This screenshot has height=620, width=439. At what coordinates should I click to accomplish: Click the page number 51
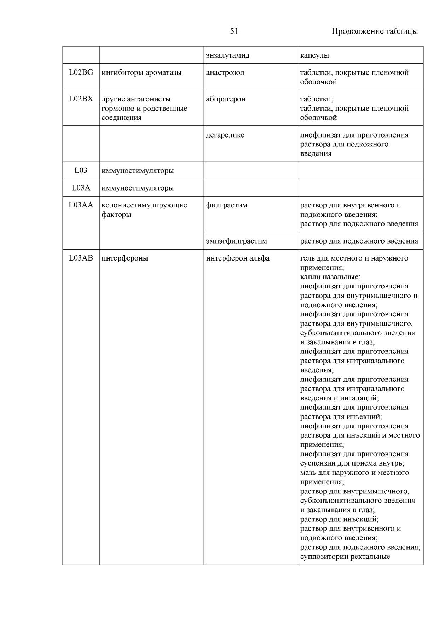(234, 31)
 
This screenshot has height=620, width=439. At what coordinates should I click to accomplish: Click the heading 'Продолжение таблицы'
(375, 31)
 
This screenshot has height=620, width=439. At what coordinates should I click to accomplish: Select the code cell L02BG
(81, 72)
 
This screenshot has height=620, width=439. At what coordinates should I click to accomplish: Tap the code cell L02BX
(81, 99)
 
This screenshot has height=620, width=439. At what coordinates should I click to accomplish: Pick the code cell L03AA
(81, 205)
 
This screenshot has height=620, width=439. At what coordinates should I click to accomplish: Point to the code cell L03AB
(81, 258)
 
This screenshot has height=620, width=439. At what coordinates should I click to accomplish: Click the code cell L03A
(81, 188)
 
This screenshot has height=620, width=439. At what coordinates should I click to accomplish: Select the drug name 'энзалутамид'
(227, 55)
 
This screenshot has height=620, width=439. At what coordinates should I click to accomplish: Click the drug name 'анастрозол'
(225, 72)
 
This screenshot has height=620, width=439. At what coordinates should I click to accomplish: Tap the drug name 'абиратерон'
(226, 99)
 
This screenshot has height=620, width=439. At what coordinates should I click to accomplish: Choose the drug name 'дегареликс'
(225, 135)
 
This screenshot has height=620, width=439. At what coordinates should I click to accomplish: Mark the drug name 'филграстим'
(227, 205)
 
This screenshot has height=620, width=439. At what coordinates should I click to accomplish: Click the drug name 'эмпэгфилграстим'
(236, 241)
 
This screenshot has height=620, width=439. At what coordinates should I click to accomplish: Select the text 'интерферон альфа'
(238, 258)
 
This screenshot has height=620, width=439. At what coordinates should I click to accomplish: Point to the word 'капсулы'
(314, 55)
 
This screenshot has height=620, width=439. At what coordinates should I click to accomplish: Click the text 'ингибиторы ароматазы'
(141, 72)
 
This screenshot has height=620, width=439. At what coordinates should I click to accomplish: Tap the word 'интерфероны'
(125, 258)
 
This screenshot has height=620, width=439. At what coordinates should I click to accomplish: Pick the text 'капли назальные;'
(330, 277)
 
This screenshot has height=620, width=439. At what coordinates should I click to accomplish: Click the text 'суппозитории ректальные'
(345, 557)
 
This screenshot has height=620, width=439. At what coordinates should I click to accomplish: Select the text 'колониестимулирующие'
(144, 205)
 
